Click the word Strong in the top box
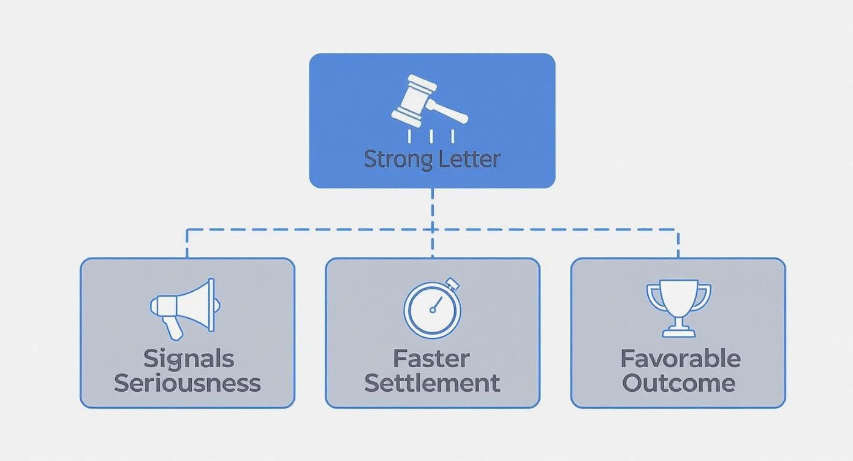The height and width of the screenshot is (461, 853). (398, 159)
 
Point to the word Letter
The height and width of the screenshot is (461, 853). (469, 159)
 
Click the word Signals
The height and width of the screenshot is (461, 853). (188, 358)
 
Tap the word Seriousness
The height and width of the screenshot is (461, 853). (188, 383)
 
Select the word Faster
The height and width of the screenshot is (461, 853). (432, 358)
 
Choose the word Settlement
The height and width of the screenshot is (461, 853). (432, 383)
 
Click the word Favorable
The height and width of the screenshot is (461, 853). (680, 358)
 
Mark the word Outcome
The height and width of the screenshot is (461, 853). (678, 383)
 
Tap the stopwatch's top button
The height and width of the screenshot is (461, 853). (453, 283)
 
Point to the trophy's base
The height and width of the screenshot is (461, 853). (678, 332)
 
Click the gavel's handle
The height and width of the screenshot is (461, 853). (449, 112)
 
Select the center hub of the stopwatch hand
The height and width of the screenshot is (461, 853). (433, 310)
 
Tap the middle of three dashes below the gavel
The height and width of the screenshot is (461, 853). (433, 135)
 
